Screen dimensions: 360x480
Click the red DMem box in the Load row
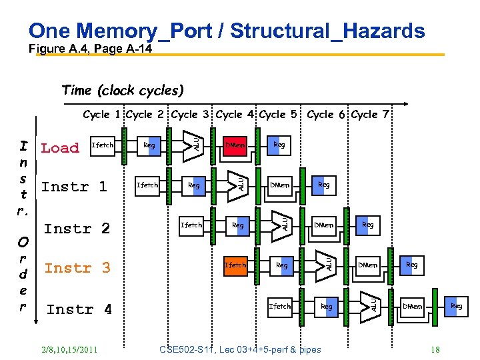click(x=235, y=145)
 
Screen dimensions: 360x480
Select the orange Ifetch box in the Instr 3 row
click(x=235, y=265)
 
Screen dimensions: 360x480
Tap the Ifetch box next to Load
click(x=102, y=145)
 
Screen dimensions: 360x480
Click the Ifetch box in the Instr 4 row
click(x=279, y=307)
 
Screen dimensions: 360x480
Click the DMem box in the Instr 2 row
click(x=324, y=225)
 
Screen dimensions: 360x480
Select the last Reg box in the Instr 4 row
click(x=456, y=307)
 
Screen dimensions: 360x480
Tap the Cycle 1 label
click(x=102, y=115)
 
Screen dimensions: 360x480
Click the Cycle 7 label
click(x=370, y=115)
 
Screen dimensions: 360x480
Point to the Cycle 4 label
click(x=236, y=115)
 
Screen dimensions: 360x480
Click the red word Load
click(x=60, y=148)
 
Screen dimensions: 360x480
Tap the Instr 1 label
click(x=74, y=187)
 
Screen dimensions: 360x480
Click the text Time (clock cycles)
click(x=122, y=90)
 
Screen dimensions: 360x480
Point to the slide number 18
click(x=435, y=349)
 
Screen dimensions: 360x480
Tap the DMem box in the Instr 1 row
click(x=279, y=185)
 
